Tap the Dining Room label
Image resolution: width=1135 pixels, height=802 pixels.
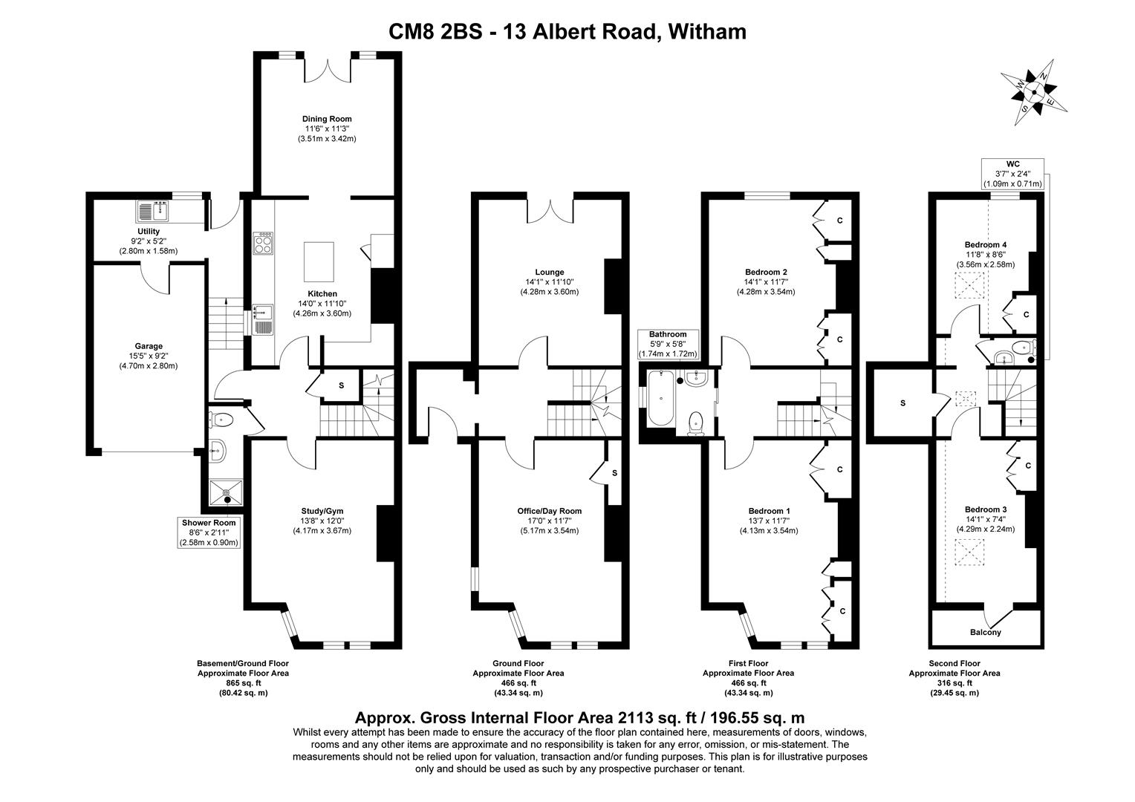point(327,119)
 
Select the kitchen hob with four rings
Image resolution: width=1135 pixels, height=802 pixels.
point(264,244)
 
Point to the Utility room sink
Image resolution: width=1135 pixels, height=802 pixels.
point(153,212)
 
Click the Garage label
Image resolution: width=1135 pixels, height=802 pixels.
point(149,346)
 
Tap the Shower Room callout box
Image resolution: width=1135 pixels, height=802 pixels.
point(209,532)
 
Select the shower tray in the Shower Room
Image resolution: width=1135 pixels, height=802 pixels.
point(227,492)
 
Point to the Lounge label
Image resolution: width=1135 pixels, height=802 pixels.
point(549,272)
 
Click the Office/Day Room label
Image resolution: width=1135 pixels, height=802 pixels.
point(549,511)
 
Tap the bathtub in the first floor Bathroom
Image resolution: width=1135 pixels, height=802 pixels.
point(660,398)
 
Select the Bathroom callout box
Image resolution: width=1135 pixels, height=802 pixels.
point(668,345)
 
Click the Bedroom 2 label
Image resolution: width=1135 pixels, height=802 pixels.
point(765,272)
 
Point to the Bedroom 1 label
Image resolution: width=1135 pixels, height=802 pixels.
point(768,511)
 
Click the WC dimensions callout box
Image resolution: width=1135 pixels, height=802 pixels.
point(1012,173)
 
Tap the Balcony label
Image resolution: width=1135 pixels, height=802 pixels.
point(985,633)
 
